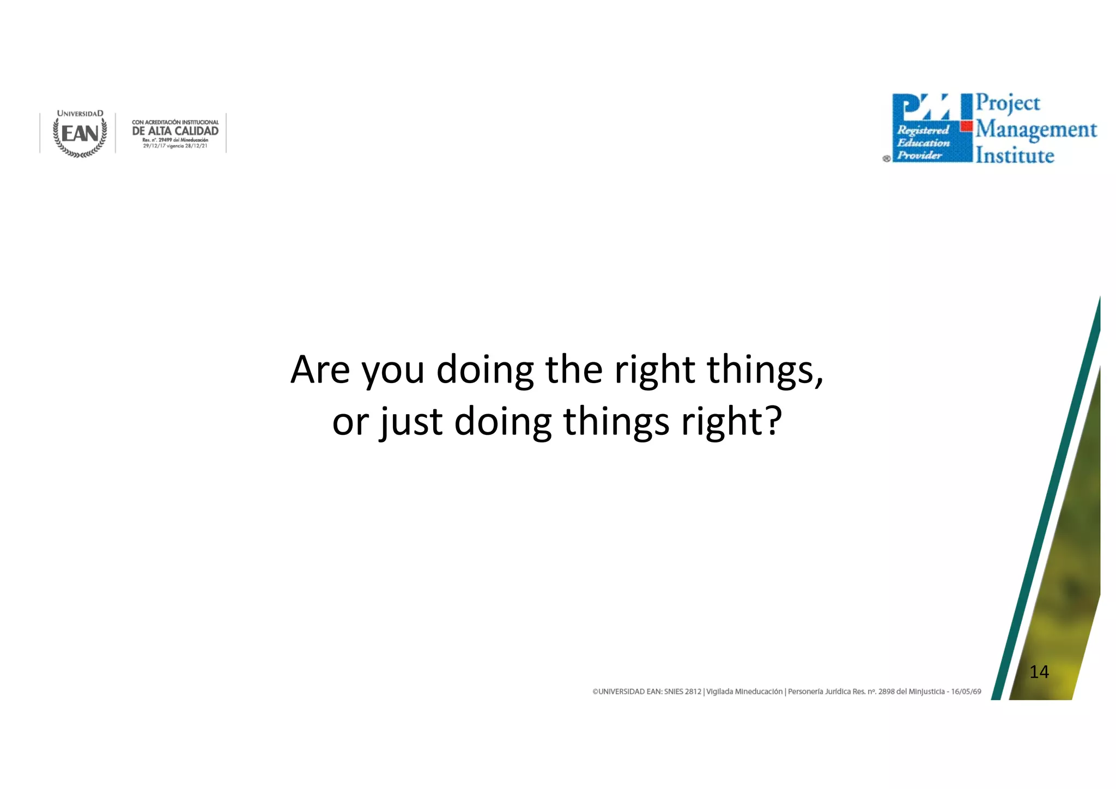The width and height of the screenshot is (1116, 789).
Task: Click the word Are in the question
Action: click(320, 371)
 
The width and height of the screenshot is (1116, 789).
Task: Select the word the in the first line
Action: click(574, 369)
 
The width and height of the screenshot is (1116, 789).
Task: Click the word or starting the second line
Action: click(350, 422)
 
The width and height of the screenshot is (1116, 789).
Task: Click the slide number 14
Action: click(1039, 672)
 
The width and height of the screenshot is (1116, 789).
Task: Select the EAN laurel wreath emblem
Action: click(80, 134)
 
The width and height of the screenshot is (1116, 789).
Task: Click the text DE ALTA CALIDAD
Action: click(175, 131)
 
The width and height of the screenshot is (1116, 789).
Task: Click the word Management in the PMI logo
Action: click(1036, 130)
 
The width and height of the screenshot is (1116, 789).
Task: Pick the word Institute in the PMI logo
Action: click(1015, 156)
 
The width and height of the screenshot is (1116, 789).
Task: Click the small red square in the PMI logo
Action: click(967, 126)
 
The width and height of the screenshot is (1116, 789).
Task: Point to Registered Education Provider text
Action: click(923, 143)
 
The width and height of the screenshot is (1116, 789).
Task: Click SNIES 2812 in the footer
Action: click(682, 692)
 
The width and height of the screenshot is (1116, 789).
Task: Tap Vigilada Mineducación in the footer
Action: click(744, 692)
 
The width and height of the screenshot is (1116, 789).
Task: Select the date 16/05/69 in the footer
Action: click(966, 692)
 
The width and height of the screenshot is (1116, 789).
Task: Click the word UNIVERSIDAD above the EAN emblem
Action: click(80, 114)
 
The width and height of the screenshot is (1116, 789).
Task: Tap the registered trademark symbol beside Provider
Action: click(887, 159)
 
